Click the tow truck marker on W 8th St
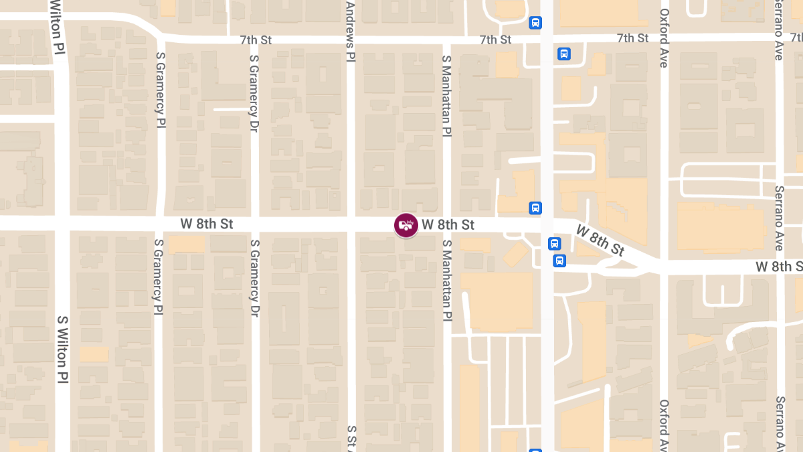point(406,225)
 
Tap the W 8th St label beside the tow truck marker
point(448,224)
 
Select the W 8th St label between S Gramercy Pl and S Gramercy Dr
point(207,224)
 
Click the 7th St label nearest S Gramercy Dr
point(256,40)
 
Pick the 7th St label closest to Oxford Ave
point(632,38)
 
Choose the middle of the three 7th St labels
point(495,40)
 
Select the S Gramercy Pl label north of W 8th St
point(160,90)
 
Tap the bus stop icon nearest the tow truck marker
point(535,208)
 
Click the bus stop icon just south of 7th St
point(564,54)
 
